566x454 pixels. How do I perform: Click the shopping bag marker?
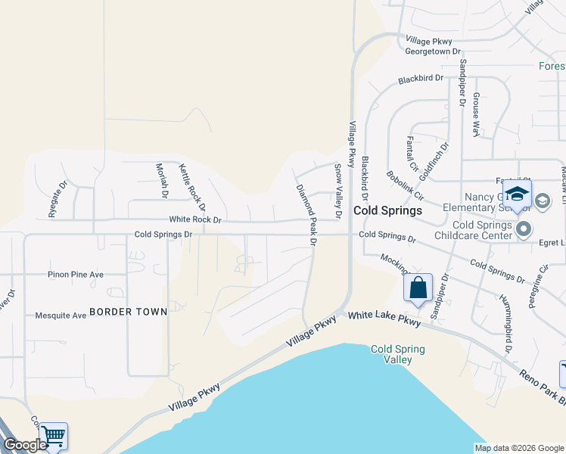[x=418, y=289]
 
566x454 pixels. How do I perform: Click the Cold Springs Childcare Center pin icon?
[x=523, y=227]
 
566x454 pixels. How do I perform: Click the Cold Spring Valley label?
[x=398, y=354]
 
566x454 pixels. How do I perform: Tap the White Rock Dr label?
[x=195, y=220]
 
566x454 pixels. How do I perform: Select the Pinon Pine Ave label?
[x=75, y=275]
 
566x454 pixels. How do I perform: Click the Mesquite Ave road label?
[x=61, y=316]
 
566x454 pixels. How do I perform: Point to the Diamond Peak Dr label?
[x=305, y=214]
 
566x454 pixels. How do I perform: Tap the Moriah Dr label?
[x=162, y=180]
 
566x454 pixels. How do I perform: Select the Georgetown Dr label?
[x=433, y=51]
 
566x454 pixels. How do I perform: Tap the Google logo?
[x=25, y=445]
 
